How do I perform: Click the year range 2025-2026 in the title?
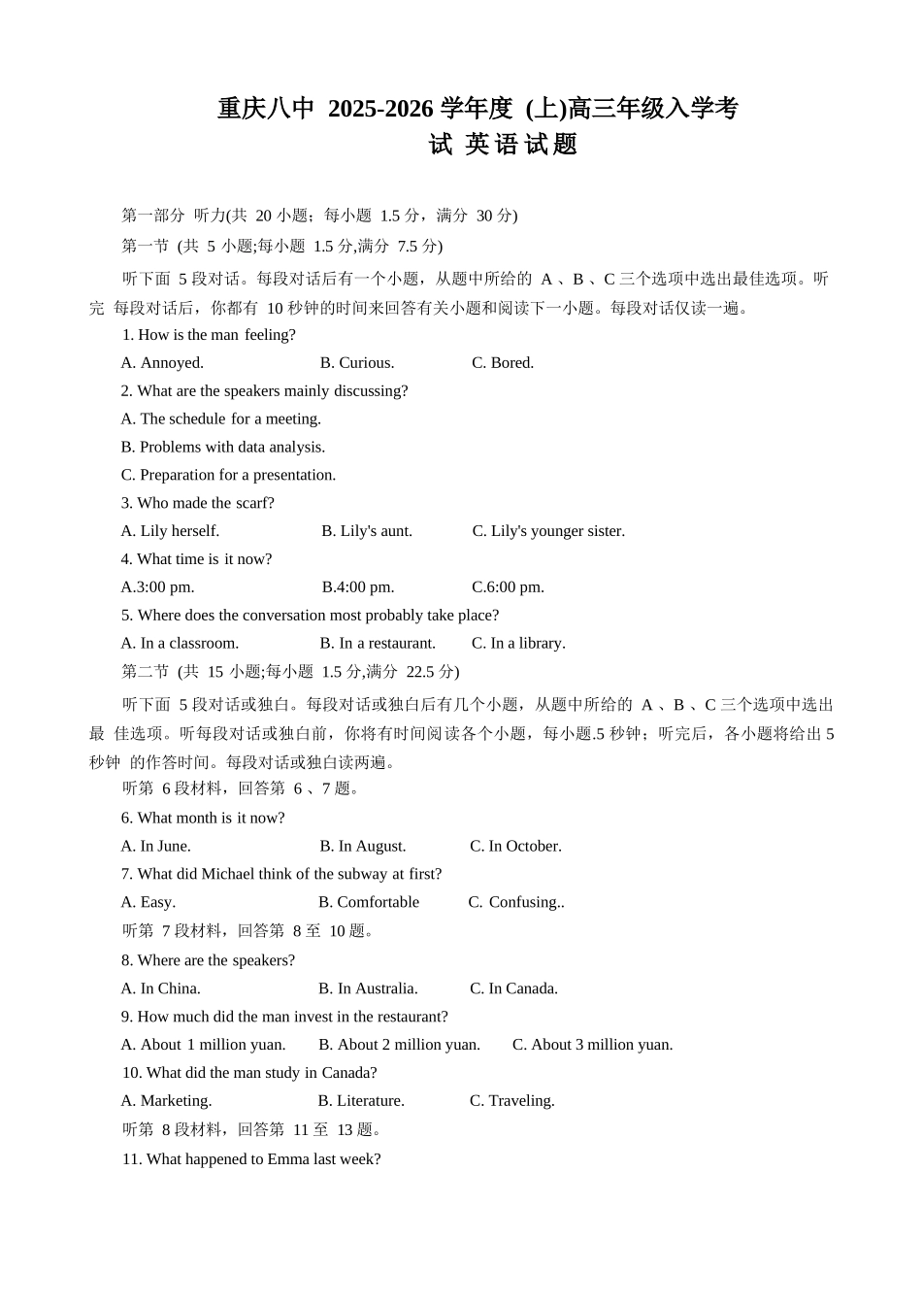pos(379,109)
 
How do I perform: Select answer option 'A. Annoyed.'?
pos(162,363)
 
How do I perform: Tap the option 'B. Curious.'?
pos(357,363)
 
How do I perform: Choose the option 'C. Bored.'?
pos(503,363)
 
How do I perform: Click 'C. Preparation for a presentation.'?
pos(228,475)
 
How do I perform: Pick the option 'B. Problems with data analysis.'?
pos(223,447)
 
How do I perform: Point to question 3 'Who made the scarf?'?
pos(198,503)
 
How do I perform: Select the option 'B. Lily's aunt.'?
pos(367,531)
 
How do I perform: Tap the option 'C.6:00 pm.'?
pos(508,587)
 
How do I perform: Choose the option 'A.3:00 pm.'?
pos(157,587)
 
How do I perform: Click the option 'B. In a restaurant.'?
pos(378,643)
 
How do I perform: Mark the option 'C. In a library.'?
pos(518,643)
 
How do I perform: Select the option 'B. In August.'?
pos(363,846)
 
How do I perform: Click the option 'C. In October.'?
pos(515,846)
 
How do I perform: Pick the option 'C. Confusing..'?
pos(516,902)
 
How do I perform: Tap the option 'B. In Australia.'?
pos(368,988)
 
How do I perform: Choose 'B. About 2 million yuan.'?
pos(399,1045)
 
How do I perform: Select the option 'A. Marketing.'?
pos(166,1101)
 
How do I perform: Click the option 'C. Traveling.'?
pos(512,1101)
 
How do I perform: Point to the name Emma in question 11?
pos(287,1159)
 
